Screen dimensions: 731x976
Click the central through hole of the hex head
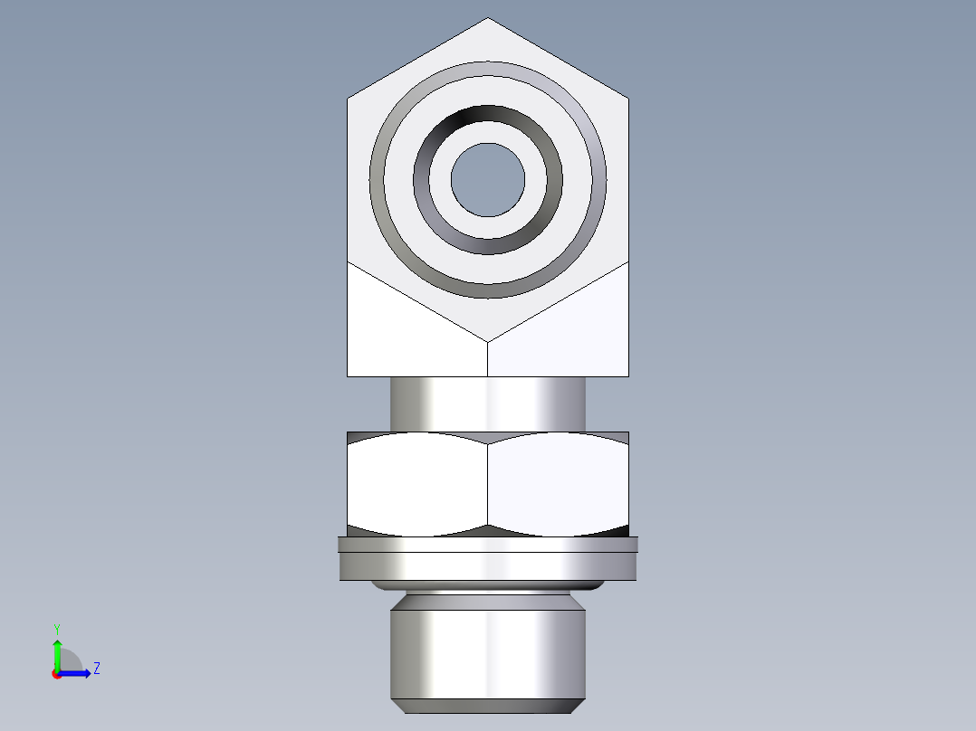[488, 179]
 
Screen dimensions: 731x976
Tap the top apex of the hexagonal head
[488, 20]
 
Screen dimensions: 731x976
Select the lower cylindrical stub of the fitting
[488, 651]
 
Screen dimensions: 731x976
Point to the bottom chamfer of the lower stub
[488, 706]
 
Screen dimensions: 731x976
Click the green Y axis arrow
[56, 651]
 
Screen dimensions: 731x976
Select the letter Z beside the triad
[96, 669]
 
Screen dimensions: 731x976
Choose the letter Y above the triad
[56, 629]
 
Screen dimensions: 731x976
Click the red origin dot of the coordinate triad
[56, 673]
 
